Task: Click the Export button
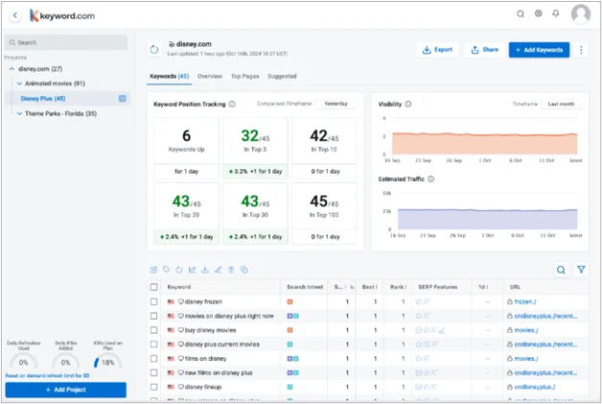point(439,49)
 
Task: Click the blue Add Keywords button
point(539,49)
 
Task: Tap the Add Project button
point(65,390)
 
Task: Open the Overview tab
point(210,76)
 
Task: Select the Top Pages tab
point(244,76)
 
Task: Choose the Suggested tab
point(282,76)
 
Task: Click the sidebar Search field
point(66,42)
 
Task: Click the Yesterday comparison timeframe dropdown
point(336,104)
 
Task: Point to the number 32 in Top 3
point(250,136)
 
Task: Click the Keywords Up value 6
point(186,136)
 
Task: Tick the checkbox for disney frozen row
point(154,301)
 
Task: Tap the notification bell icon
point(556,14)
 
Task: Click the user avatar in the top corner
point(581,14)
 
